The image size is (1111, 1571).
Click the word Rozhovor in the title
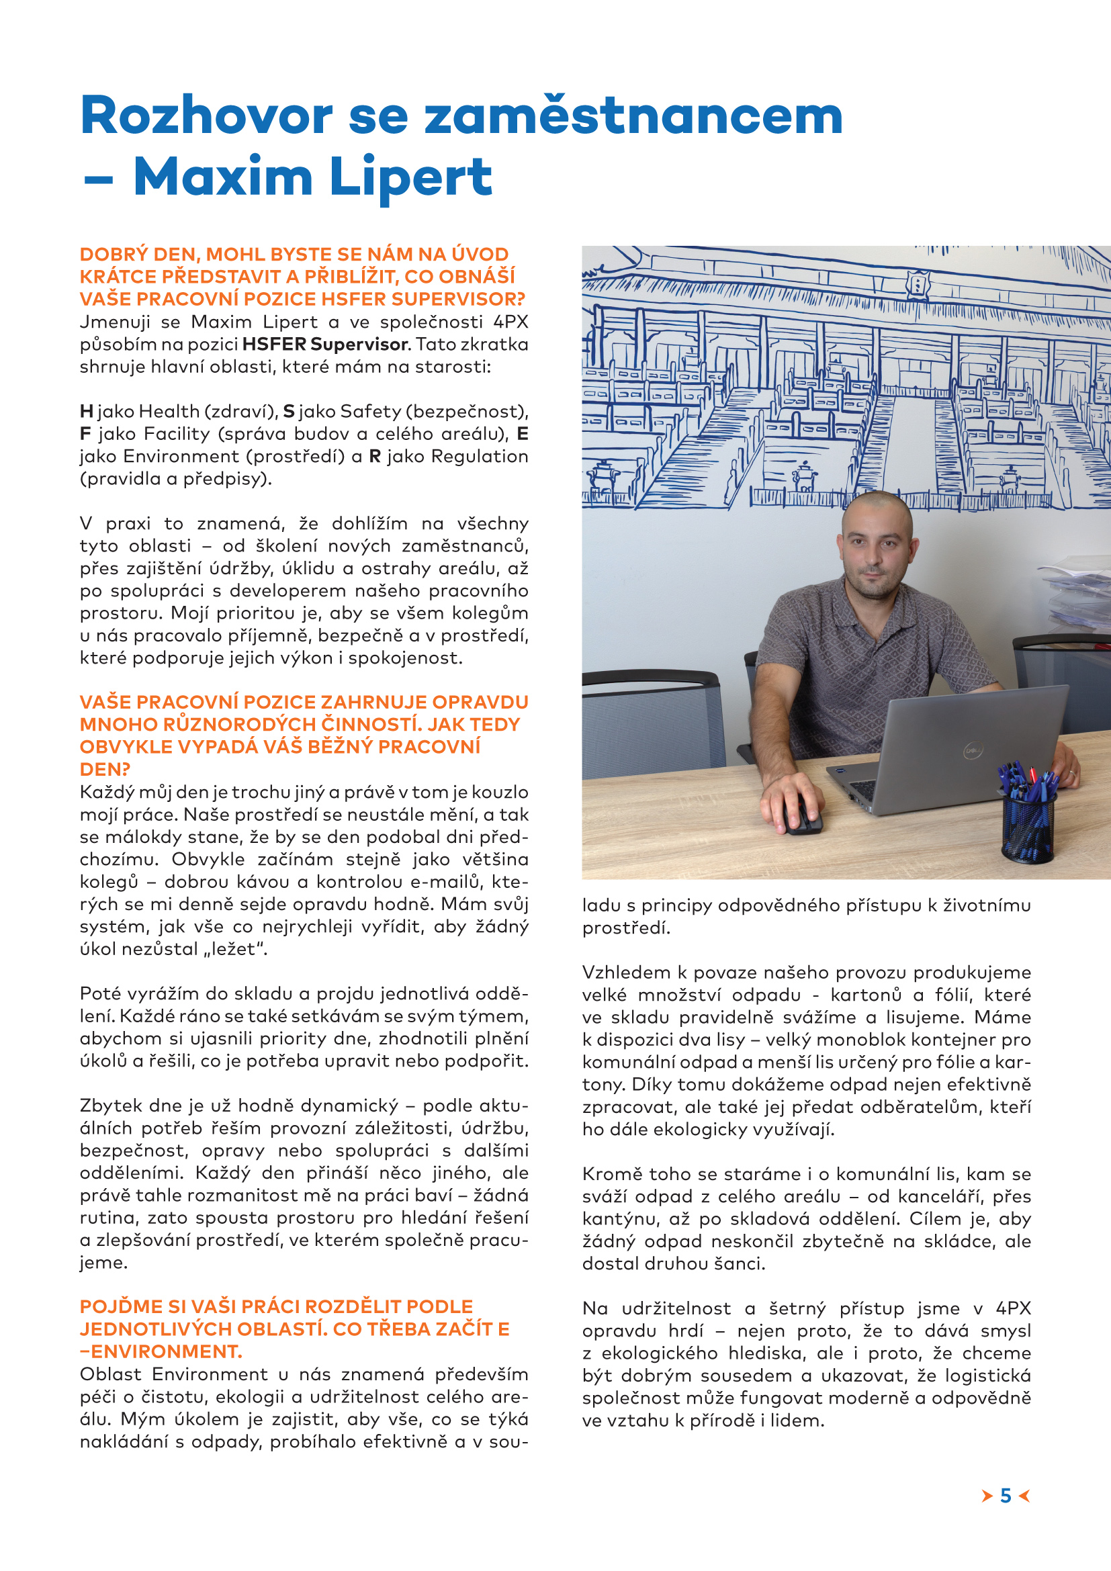click(x=206, y=116)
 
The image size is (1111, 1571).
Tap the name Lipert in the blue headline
click(x=410, y=177)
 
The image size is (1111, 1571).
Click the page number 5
click(x=1005, y=1496)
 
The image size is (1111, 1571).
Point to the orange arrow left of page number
click(x=987, y=1496)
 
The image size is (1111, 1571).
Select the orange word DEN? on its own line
click(x=105, y=769)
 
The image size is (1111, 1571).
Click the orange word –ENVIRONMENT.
click(x=161, y=1351)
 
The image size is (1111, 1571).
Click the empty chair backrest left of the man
click(x=653, y=719)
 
